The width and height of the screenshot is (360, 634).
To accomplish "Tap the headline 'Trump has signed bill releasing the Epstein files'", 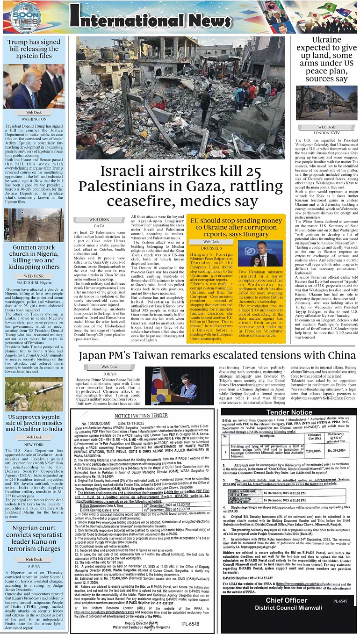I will pyautogui.click(x=34, y=49).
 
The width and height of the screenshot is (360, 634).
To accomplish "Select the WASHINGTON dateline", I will pyautogui.click(x=34, y=119).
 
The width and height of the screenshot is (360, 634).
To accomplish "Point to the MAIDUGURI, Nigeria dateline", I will pyautogui.click(x=34, y=282).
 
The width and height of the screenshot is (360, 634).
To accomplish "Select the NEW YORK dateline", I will pyautogui.click(x=34, y=444).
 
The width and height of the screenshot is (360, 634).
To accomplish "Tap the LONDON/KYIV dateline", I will pyautogui.click(x=326, y=133).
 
